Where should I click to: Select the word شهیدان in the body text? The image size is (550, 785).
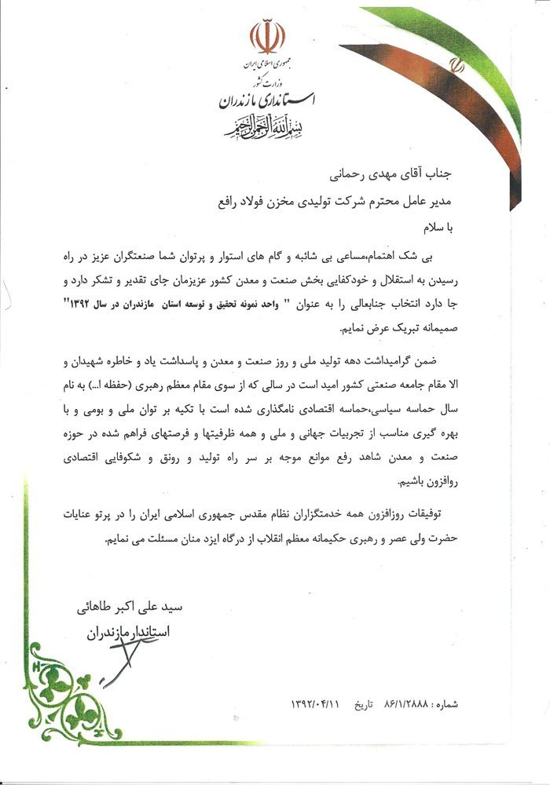(x=65, y=362)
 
